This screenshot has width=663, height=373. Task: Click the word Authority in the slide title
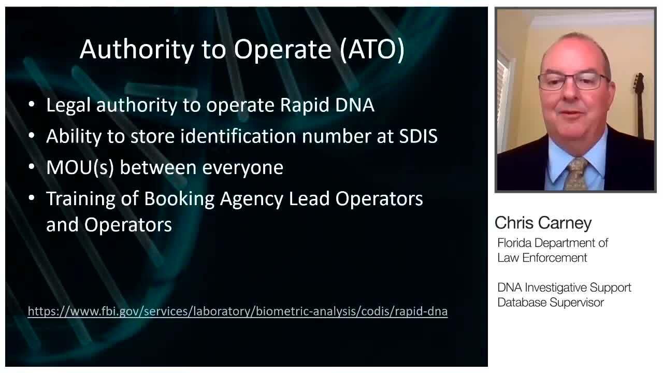tap(137, 50)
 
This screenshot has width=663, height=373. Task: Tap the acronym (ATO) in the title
tap(372, 50)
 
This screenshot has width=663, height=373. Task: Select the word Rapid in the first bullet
tap(305, 106)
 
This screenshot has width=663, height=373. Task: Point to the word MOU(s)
tap(80, 168)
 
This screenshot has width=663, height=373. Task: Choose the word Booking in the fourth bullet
tap(179, 199)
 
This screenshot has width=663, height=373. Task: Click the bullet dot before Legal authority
tap(32, 104)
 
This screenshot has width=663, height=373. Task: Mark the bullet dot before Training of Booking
tap(32, 198)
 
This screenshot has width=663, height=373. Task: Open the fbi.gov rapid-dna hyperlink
tap(238, 311)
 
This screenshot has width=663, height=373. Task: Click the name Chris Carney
tap(543, 223)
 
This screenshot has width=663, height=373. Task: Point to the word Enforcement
tap(554, 258)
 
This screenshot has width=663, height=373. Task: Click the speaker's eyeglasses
tap(573, 82)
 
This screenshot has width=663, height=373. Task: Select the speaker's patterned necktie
tap(575, 174)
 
